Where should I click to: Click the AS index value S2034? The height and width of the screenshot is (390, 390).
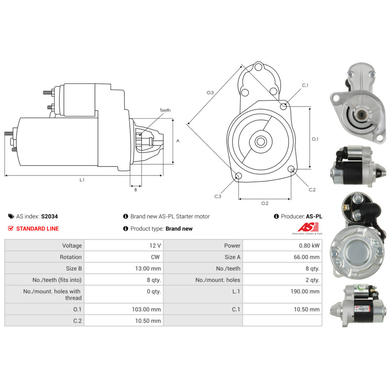[49, 216]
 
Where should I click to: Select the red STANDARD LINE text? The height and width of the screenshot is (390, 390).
[37, 229]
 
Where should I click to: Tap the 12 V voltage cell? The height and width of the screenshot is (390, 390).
[155, 246]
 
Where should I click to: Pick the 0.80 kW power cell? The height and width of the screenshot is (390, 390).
[309, 246]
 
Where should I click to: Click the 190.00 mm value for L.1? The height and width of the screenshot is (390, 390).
[307, 291]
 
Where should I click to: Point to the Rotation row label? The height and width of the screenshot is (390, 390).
[71, 257]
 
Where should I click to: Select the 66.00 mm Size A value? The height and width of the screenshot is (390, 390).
[307, 257]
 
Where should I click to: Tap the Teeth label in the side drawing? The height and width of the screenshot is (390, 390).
[165, 110]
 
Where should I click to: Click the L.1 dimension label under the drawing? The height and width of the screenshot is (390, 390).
[82, 180]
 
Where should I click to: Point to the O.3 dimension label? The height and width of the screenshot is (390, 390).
[210, 92]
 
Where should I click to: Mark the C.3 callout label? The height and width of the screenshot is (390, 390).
[218, 197]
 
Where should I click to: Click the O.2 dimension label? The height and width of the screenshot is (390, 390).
[264, 203]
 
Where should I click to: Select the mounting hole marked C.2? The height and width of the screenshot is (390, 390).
[291, 169]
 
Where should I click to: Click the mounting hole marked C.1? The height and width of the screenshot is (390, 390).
[284, 105]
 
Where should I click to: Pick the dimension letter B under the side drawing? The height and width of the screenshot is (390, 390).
[136, 190]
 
